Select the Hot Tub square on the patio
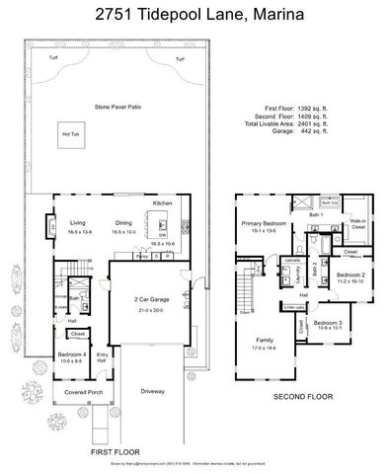[72, 134]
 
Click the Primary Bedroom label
[263, 224]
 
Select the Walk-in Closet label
[358, 225]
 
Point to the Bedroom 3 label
[329, 323]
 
